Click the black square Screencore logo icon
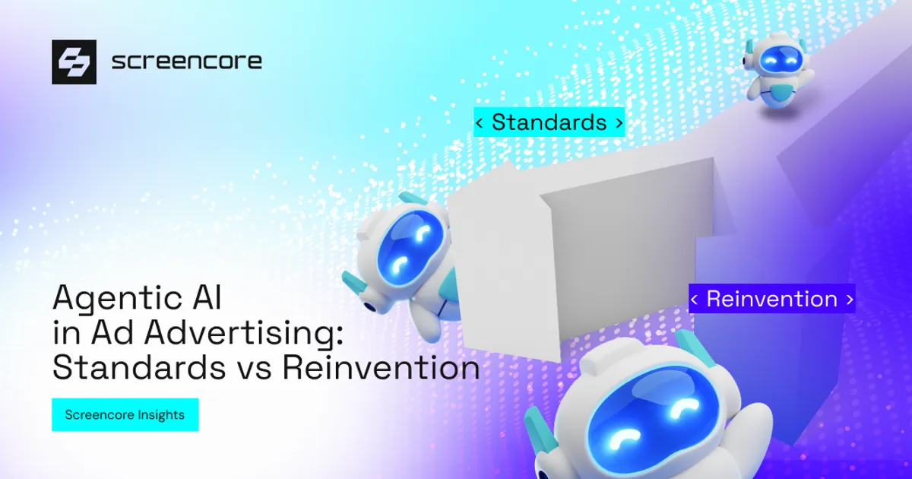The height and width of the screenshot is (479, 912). point(74,62)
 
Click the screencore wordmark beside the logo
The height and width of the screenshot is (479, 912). point(186,62)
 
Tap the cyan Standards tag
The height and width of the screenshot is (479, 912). point(549,122)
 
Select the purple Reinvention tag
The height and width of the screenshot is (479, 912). point(772,299)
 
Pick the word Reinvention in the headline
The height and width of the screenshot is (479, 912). point(381,368)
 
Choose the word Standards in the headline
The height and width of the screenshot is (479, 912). point(139,368)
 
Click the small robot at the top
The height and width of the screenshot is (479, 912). point(778,71)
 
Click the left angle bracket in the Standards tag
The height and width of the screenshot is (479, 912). point(480,122)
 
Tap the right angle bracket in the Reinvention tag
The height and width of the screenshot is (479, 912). point(850,300)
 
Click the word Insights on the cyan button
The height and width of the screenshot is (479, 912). point(161,415)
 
